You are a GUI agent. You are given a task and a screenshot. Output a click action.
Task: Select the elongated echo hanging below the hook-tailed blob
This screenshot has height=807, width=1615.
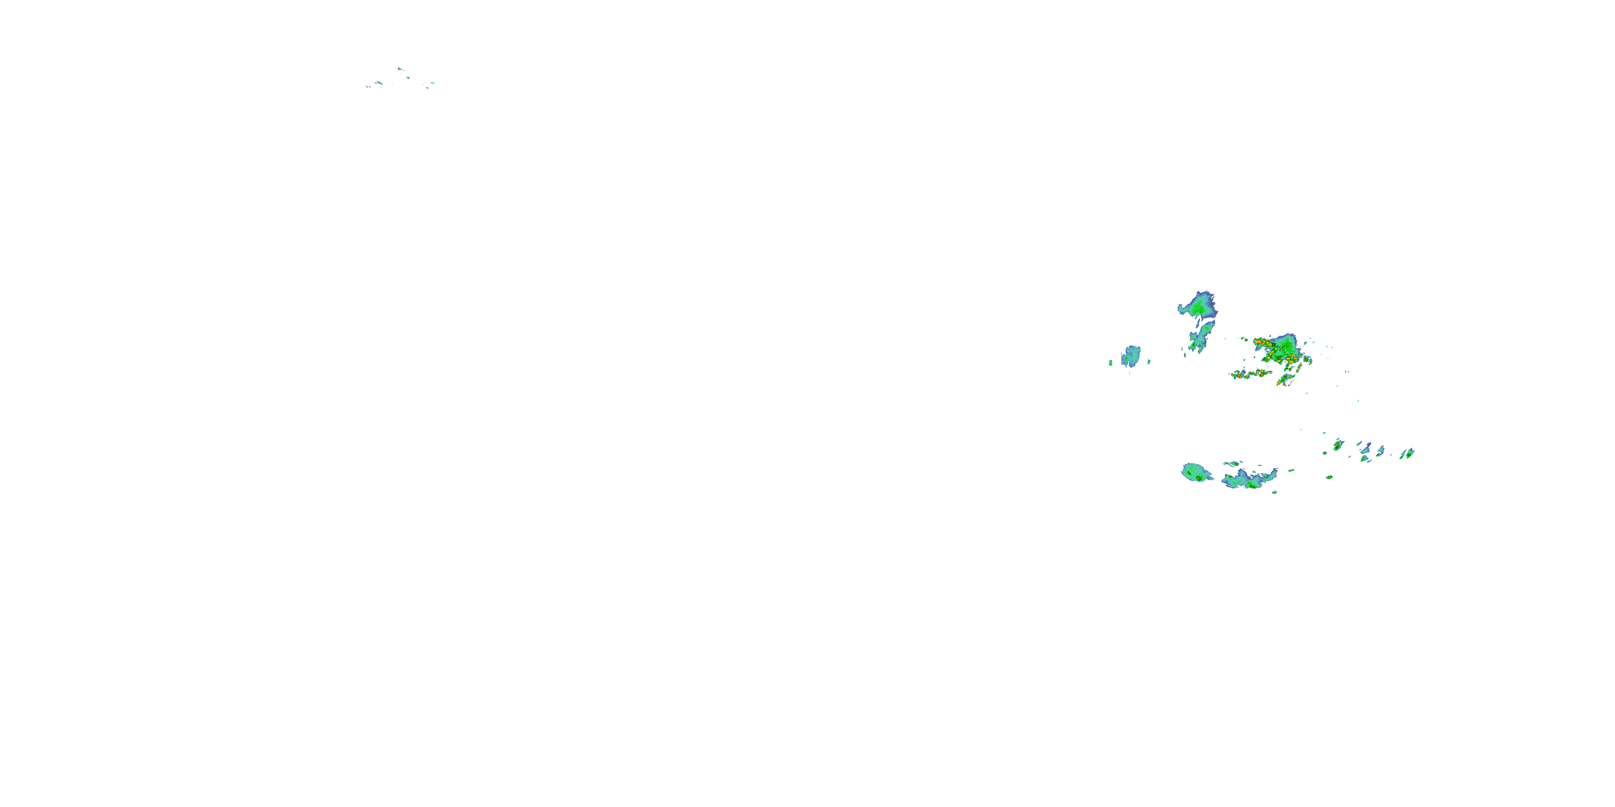point(1203,336)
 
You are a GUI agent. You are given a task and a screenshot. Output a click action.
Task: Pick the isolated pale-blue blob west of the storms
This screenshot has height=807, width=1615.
point(1130,356)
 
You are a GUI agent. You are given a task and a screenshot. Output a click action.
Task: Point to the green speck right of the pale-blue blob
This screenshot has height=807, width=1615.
point(1149,362)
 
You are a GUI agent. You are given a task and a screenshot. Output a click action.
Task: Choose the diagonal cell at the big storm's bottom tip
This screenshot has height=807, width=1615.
point(1284,380)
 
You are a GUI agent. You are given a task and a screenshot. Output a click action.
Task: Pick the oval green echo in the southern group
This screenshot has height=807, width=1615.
point(1196,472)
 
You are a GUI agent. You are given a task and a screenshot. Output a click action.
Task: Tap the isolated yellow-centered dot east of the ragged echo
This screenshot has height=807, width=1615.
point(1329,477)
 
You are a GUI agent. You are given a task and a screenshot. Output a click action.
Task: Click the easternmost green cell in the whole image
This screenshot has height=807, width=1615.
point(1408,454)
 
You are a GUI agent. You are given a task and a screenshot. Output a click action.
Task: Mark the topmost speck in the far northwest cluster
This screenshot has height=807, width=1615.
point(399,68)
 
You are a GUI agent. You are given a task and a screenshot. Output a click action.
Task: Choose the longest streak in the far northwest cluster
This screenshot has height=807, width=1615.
point(378,83)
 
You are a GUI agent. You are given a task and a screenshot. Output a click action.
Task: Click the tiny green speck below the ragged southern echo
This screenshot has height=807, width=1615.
point(1275,492)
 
